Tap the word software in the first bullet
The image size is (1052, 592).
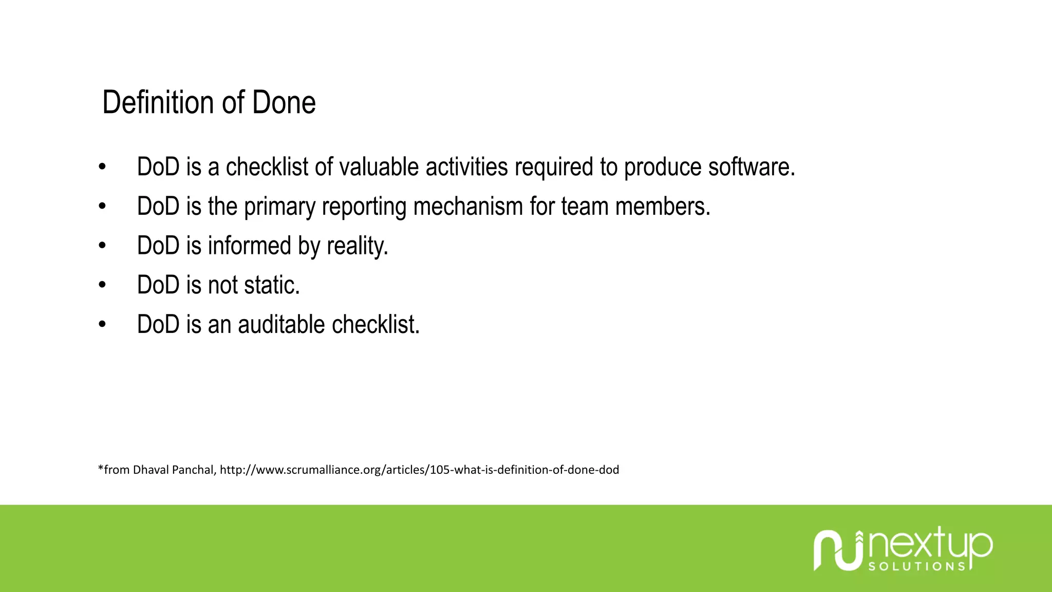coord(752,167)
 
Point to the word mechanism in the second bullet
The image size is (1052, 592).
coord(468,207)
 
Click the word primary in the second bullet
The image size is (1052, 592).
coord(279,207)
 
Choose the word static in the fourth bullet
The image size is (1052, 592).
coord(272,285)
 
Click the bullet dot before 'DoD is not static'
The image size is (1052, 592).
coord(102,285)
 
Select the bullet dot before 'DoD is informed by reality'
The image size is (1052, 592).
coord(102,246)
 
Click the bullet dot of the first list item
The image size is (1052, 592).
coord(102,167)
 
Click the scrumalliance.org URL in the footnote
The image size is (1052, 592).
coord(419,470)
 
